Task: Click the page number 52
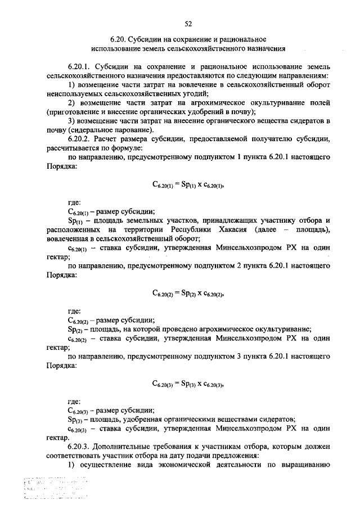tap(188, 23)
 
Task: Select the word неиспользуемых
tap(74, 93)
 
